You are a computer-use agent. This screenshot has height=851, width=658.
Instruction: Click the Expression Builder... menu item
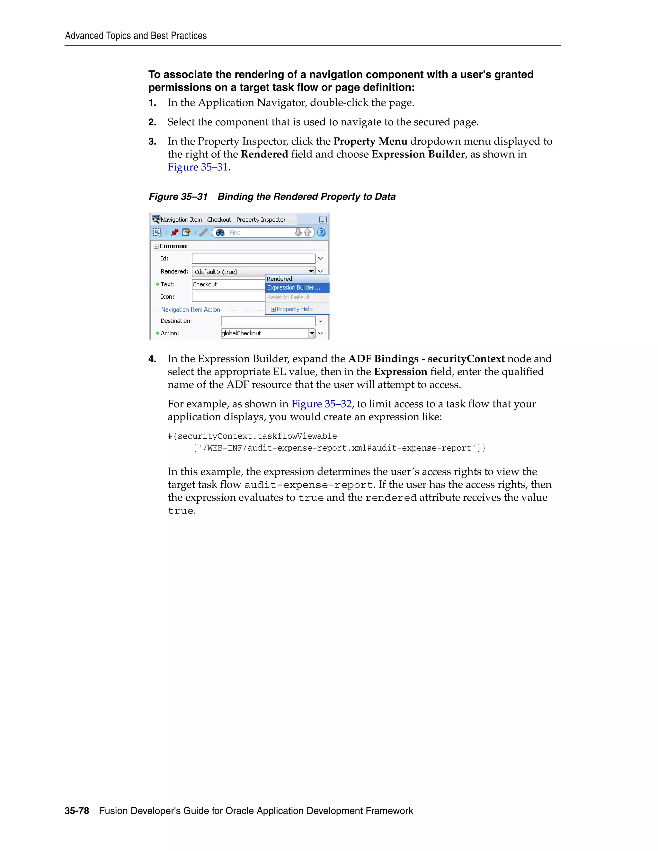[294, 287]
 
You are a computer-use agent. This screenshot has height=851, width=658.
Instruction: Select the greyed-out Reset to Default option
[289, 297]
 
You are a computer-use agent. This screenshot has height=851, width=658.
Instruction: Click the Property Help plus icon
[273, 309]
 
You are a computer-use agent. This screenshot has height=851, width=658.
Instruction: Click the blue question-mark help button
[321, 232]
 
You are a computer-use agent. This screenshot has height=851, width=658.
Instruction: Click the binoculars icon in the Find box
[220, 232]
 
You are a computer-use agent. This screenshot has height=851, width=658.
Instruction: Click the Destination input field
[268, 321]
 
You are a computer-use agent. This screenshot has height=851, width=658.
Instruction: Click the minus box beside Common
[156, 246]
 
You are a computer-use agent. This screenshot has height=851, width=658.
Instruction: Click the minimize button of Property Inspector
[323, 220]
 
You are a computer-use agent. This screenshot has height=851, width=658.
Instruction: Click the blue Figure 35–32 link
[321, 404]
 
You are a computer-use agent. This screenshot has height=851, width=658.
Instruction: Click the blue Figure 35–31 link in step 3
[198, 167]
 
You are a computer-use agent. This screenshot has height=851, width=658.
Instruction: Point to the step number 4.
[152, 359]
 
